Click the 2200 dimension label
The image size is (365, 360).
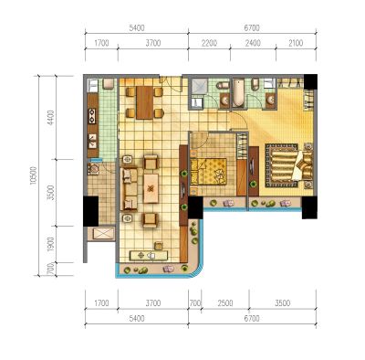point(209,43)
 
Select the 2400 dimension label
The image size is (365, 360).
point(253,43)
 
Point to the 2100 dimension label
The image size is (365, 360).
point(295,43)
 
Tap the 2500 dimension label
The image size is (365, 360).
point(225,303)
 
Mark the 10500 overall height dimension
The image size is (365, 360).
point(34,175)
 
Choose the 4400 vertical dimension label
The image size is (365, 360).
point(51,117)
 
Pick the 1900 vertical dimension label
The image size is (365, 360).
point(51,244)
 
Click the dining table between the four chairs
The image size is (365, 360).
point(145,102)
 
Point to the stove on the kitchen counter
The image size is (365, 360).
point(92,116)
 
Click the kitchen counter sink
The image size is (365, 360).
point(92,142)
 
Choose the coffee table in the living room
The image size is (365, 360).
point(151,188)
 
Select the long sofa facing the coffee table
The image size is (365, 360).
point(129,189)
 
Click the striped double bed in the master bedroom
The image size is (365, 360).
point(288,165)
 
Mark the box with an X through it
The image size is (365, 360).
point(103,234)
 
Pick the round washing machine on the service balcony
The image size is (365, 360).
point(93,168)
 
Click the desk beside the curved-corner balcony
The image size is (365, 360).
point(149,255)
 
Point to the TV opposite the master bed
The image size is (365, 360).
point(252,168)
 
